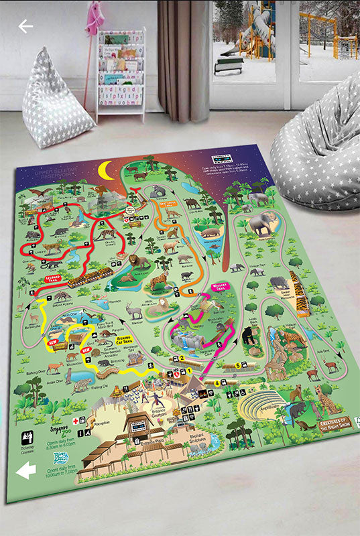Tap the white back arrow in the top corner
[25, 27]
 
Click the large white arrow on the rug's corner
[25, 471]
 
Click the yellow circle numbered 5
[238, 366]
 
